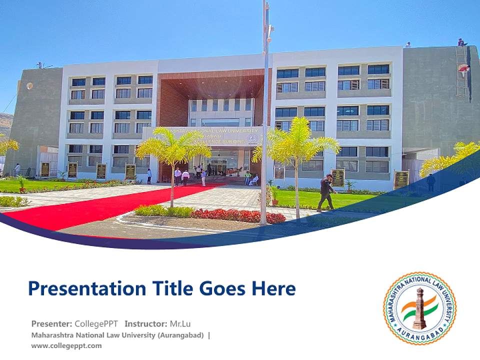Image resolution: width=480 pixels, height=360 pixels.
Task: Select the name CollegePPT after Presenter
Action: coord(96,323)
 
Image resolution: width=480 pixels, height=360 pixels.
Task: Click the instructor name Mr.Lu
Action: coord(180,323)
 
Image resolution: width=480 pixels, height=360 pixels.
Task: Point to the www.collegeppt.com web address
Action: coord(66,345)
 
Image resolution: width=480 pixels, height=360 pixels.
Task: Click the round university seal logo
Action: coord(419,308)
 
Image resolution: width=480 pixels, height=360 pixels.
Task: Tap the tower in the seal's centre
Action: coord(419,308)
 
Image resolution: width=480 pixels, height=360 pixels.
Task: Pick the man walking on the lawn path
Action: coord(326,192)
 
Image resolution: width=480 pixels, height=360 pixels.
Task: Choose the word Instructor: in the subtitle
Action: coord(146,323)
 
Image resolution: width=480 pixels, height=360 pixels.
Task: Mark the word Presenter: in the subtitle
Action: coord(51,323)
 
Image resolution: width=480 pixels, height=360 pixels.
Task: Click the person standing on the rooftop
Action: coord(461,42)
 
